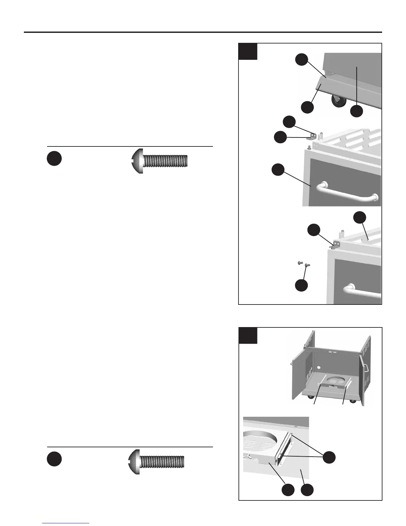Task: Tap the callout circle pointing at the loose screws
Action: (x=301, y=285)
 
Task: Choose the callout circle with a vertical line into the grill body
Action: (x=357, y=111)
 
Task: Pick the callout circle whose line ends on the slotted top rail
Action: (x=360, y=218)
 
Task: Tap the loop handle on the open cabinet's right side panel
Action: (x=366, y=367)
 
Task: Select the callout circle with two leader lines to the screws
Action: (x=329, y=457)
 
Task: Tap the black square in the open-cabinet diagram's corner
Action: (x=248, y=335)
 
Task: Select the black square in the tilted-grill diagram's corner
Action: (x=248, y=51)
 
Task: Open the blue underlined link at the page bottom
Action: (x=66, y=524)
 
